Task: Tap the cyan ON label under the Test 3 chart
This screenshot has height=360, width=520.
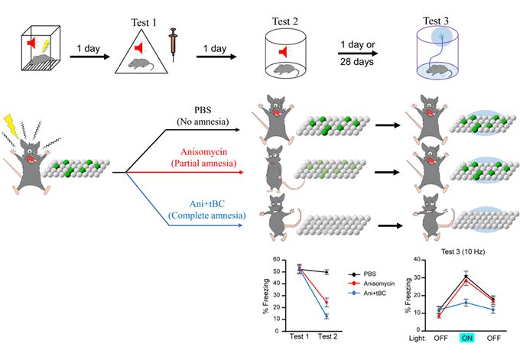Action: [x=466, y=338]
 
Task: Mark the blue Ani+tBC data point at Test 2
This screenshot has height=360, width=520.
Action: [x=327, y=316]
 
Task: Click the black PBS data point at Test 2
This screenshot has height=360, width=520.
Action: [x=327, y=272]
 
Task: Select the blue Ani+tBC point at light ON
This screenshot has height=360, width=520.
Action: [x=466, y=303]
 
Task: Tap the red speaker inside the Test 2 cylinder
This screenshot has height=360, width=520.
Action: [x=282, y=51]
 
